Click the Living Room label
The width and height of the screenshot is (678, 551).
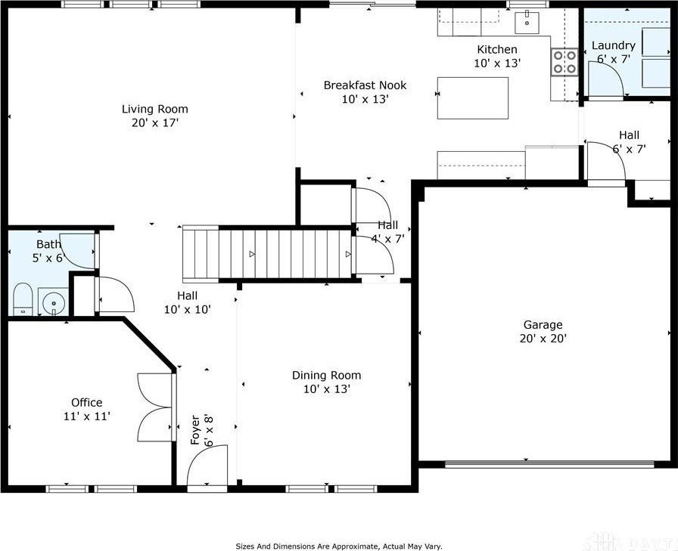tap(154, 109)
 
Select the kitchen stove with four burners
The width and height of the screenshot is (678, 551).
tap(564, 61)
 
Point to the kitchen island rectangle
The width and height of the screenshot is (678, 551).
tap(473, 98)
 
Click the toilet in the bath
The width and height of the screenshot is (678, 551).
tap(21, 299)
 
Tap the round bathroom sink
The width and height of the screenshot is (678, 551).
tap(53, 305)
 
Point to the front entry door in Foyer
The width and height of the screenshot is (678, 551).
tap(207, 467)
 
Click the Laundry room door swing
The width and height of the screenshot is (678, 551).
tap(603, 79)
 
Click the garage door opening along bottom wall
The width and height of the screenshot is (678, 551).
tap(549, 464)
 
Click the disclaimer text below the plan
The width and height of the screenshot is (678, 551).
tap(338, 545)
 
